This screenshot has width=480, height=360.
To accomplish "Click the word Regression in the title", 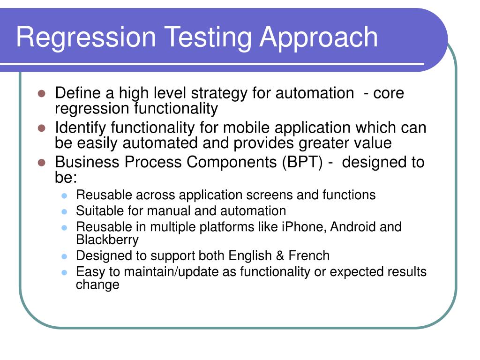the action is click(x=86, y=37).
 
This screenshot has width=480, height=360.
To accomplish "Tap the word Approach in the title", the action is click(x=319, y=37).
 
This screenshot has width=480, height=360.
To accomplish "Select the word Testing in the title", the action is click(x=208, y=37).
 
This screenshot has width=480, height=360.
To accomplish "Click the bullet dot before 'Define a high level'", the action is click(x=42, y=93).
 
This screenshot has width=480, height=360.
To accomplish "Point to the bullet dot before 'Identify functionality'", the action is click(x=42, y=128).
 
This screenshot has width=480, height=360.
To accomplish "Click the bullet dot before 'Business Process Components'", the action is click(x=42, y=163).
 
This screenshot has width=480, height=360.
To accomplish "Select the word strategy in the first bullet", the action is click(x=219, y=93).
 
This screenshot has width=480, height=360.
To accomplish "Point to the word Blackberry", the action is click(x=107, y=240).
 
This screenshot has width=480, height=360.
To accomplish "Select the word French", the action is click(x=309, y=255).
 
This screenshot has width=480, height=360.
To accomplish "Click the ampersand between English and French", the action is click(x=280, y=255).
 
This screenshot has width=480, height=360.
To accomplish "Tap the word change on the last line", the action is click(x=97, y=285).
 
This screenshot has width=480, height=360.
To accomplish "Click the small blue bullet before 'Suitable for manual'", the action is click(x=64, y=211).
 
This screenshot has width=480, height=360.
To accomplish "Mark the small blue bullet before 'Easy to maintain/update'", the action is click(x=64, y=272).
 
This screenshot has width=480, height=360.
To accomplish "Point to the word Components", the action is click(x=232, y=162).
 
